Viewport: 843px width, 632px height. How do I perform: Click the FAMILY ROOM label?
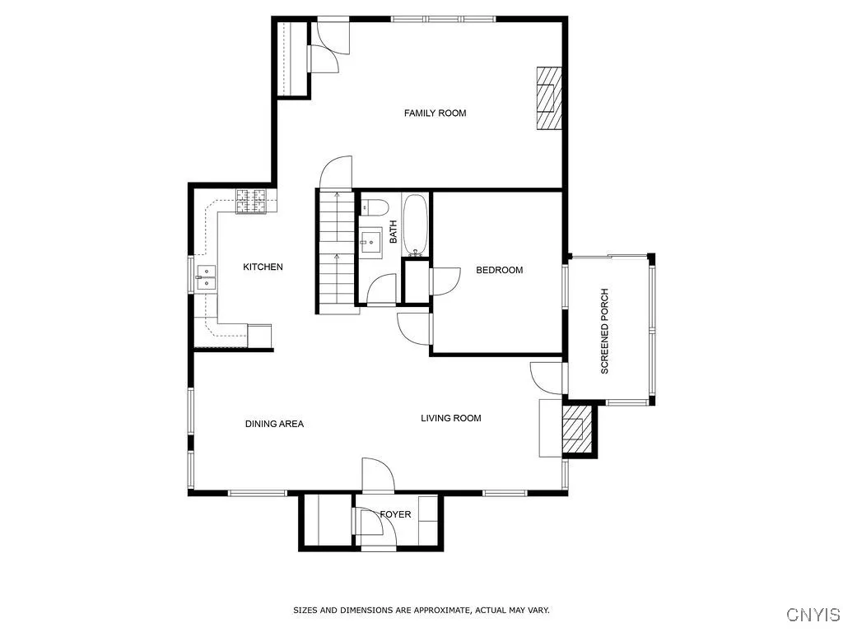(435, 113)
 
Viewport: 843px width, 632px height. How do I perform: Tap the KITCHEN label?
(263, 267)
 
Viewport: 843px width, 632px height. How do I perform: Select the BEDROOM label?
(499, 270)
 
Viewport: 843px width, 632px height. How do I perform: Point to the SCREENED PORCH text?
(605, 331)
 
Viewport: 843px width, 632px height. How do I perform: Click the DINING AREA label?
(274, 424)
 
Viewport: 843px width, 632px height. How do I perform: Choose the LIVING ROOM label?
(450, 418)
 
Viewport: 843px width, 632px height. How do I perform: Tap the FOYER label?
(395, 514)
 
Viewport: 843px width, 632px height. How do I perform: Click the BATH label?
(394, 231)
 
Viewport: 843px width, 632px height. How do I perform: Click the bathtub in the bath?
(415, 224)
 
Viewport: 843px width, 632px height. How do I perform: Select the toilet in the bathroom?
(374, 207)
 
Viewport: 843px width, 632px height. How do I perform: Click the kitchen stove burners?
(253, 202)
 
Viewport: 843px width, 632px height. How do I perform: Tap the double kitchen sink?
(206, 278)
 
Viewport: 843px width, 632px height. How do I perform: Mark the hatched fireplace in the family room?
(549, 98)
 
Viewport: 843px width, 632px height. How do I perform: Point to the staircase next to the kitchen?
(335, 251)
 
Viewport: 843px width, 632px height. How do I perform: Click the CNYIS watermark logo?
(813, 615)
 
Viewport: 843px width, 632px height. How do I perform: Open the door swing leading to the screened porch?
(545, 378)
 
